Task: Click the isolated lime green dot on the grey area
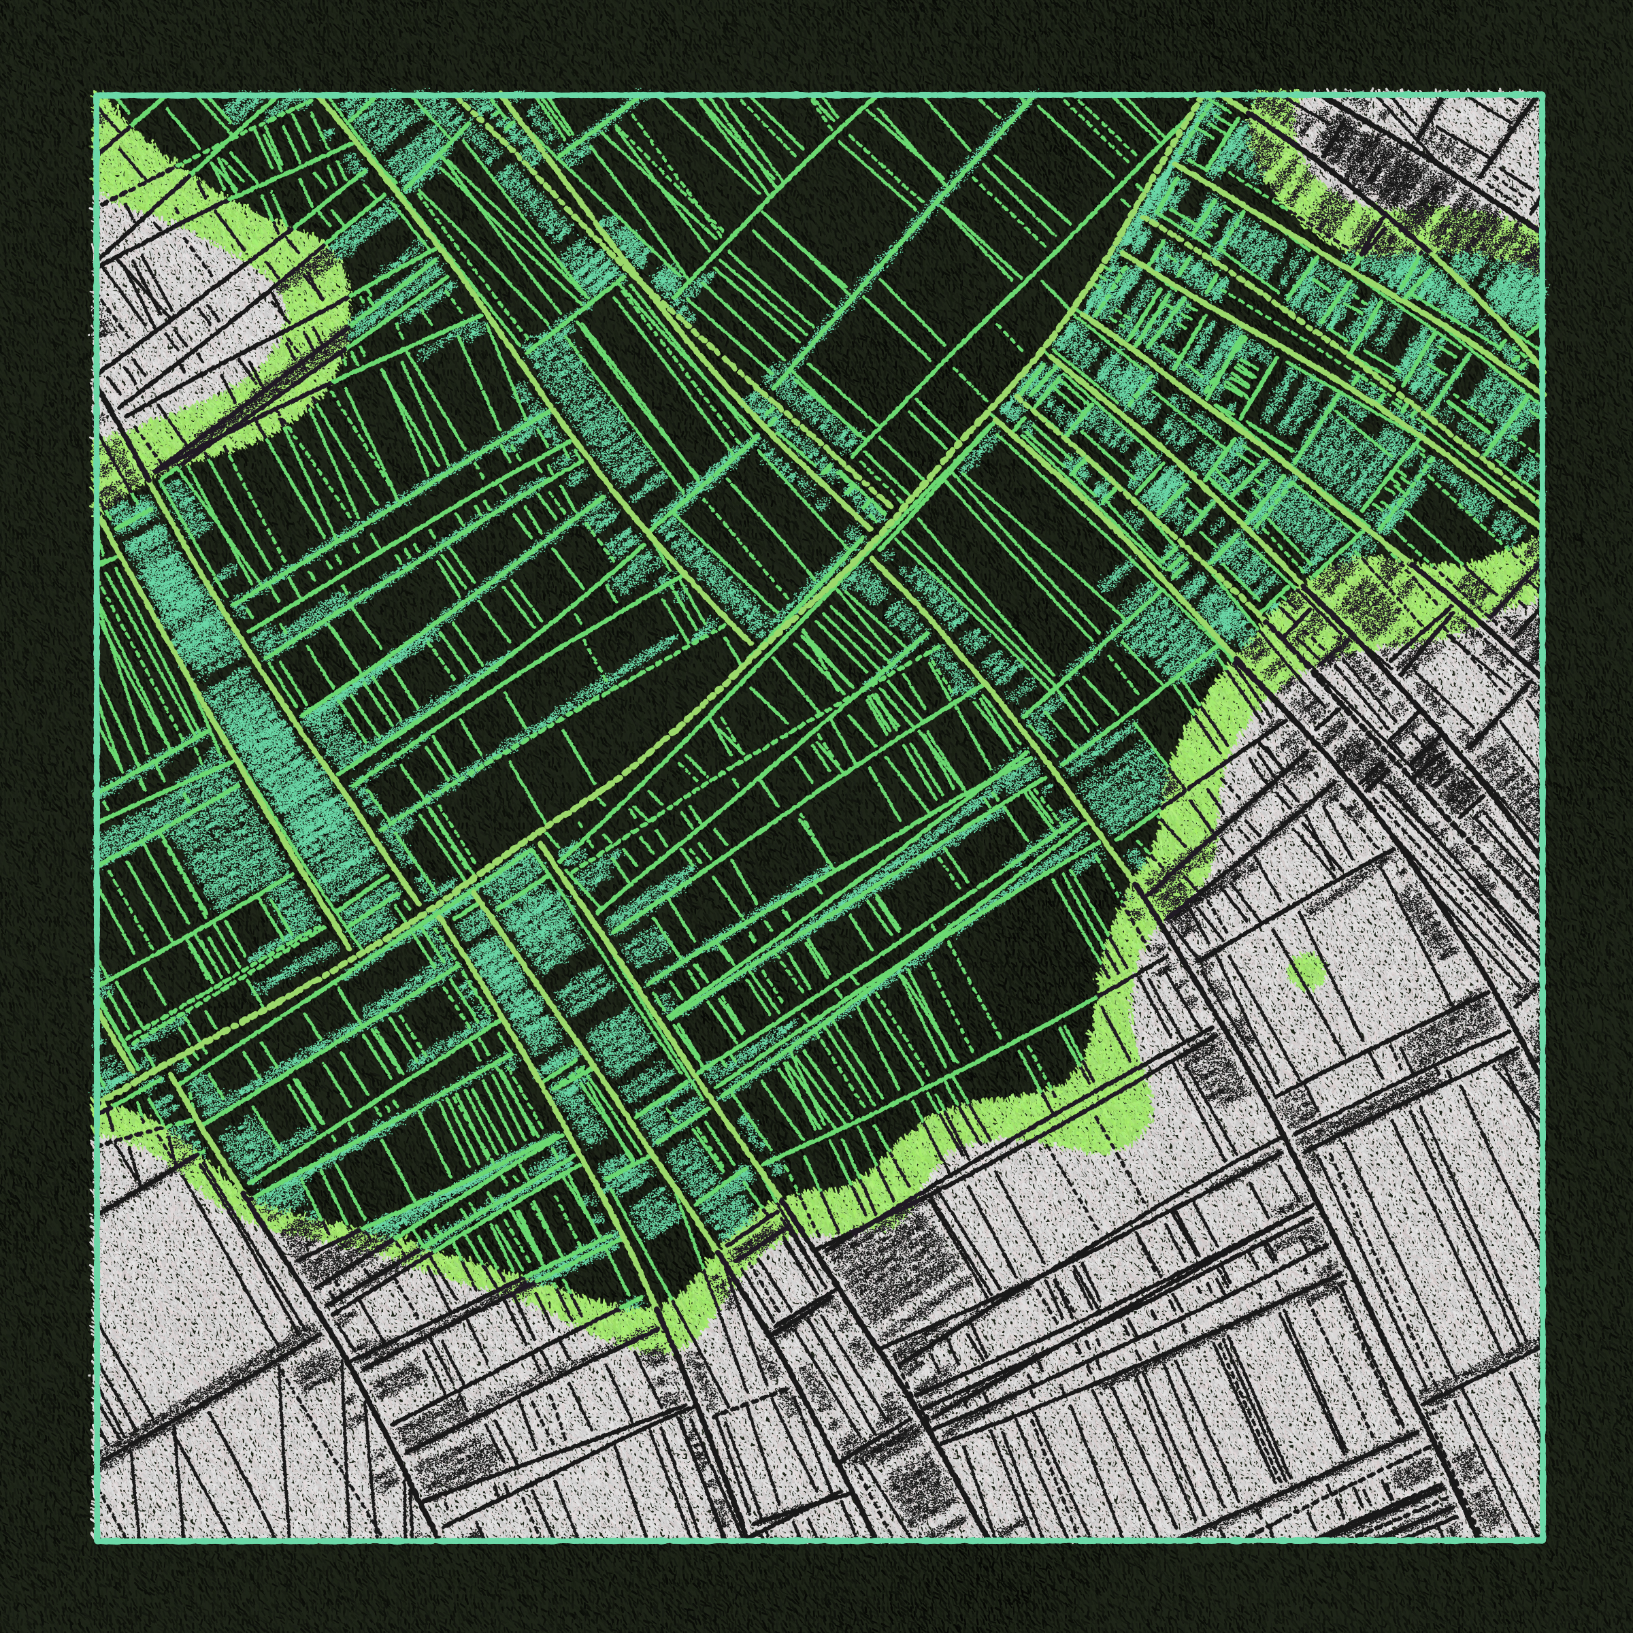pyautogui.click(x=1308, y=970)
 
